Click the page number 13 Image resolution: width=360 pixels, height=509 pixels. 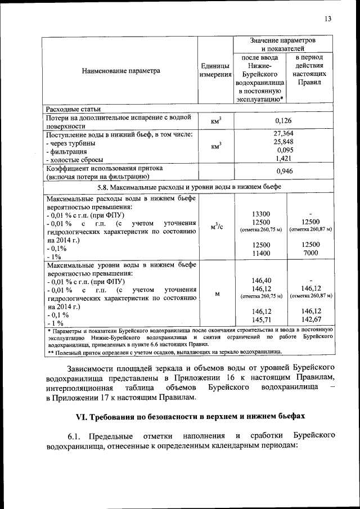pyautogui.click(x=328, y=19)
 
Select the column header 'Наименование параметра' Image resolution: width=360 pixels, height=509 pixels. pyautogui.click(x=121, y=71)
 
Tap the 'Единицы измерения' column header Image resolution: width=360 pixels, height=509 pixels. pyautogui.click(x=216, y=71)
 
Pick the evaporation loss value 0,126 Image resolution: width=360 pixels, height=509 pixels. pyautogui.click(x=283, y=121)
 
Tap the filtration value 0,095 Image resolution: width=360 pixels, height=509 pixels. pyautogui.click(x=285, y=151)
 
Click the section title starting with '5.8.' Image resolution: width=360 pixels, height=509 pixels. pyautogui.click(x=190, y=187)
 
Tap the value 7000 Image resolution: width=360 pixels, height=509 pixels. pyautogui.click(x=310, y=254)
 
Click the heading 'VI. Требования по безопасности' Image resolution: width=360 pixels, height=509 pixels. pyautogui.click(x=190, y=416)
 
